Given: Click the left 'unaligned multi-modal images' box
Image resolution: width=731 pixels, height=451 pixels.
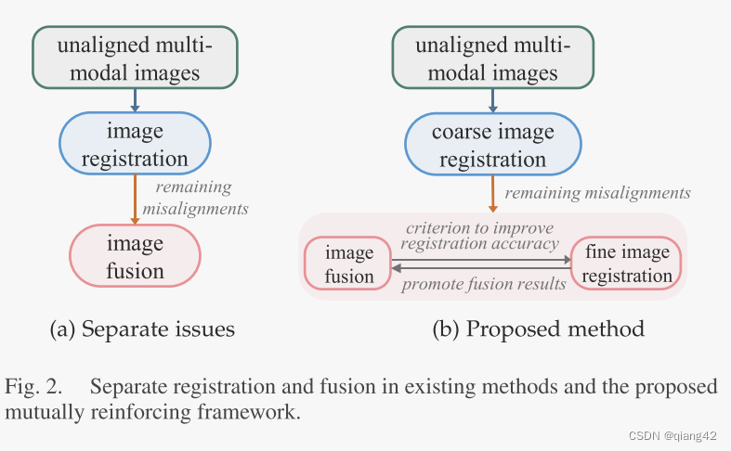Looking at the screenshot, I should pos(136,58).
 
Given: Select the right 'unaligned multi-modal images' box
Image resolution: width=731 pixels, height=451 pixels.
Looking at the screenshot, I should pos(493,58).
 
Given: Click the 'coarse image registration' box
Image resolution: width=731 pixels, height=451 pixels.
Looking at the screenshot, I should pos(493,145).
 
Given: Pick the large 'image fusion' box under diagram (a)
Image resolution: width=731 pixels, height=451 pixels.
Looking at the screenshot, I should pos(136,257).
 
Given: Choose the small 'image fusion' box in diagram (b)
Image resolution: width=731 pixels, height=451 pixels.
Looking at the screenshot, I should pos(348,264).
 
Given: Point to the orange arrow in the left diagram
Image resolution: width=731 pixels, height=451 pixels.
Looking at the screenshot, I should pos(136,199).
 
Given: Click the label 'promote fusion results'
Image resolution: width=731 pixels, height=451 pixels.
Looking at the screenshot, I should pos(483,284).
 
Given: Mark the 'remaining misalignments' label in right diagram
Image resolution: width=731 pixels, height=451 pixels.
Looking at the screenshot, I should pos(597,193).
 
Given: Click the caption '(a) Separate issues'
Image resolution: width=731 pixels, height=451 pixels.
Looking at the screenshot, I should pos(142,329).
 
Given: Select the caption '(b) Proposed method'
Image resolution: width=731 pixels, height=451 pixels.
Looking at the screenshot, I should pos(538,329).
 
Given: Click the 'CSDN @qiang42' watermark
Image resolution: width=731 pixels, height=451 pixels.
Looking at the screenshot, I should pos(671,436).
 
